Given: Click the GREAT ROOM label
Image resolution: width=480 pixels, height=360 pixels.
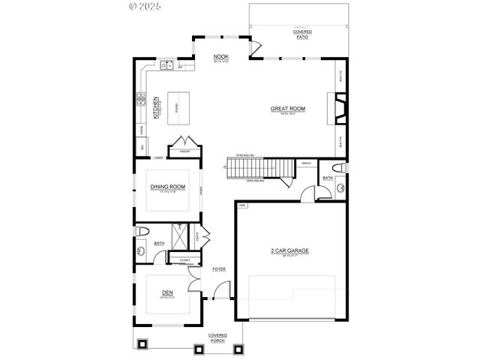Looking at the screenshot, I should [288, 109].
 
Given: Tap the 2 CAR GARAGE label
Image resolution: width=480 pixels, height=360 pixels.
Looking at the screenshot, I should [289, 250].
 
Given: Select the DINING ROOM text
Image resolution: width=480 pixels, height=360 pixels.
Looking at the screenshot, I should [167, 187].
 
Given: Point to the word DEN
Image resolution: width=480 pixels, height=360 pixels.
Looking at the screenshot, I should [167, 292].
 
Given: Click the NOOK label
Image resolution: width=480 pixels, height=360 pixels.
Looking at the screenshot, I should [220, 57].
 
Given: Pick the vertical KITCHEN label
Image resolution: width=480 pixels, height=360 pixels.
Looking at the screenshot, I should [156, 109].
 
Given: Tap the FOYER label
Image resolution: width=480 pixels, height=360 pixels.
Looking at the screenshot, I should [219, 268].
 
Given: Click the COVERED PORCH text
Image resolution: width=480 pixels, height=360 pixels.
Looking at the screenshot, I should [217, 337].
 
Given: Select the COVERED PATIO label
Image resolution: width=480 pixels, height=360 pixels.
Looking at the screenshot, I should [303, 34].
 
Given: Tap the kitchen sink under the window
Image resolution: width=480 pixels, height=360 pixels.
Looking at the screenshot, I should [167, 65].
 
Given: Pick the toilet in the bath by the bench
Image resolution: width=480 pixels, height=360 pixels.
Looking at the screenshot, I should [337, 166].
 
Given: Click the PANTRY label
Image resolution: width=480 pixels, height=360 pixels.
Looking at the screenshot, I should [184, 151].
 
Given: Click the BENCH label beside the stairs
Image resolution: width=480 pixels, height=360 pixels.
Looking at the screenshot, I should [306, 163].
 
